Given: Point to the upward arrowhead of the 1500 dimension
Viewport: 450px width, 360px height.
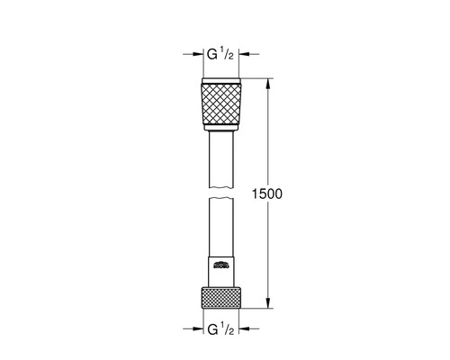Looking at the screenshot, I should point(267,83).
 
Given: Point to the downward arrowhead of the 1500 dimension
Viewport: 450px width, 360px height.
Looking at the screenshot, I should point(267,305).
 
